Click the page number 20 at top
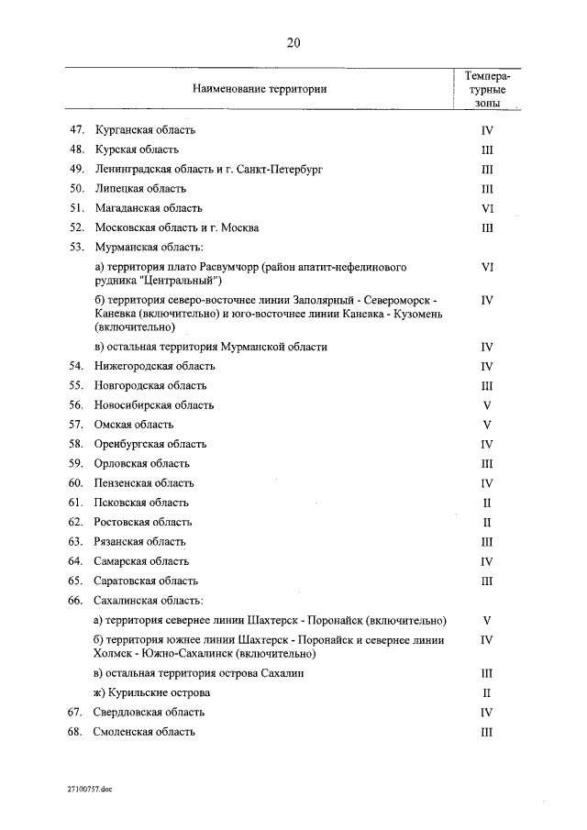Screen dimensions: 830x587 pos(293,43)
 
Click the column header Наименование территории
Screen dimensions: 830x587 pos(260,89)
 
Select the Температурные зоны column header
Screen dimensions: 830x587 pos(487,91)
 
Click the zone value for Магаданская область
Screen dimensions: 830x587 pos(487,208)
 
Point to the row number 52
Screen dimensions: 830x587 pos(77,227)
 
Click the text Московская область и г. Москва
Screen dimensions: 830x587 pos(176,227)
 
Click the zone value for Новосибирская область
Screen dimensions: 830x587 pos(487,404)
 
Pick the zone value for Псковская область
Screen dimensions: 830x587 pos(487,503)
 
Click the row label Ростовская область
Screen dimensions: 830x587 pos(143,522)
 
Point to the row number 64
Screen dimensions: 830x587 pos(77,561)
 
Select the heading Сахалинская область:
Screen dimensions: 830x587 pos(148,601)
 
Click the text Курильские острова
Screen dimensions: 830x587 pos(159,692)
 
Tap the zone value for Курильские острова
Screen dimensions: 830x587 pos(487,692)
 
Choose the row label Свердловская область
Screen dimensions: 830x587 pos(150,713)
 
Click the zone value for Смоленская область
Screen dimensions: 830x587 pos(487,732)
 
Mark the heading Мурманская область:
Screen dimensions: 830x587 pos(148,247)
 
